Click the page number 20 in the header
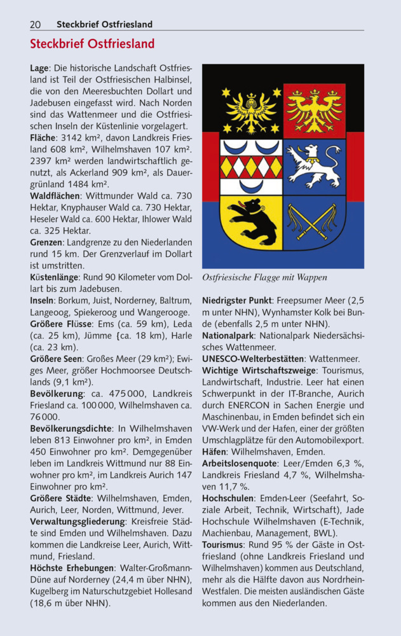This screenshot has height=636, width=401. click(36, 24)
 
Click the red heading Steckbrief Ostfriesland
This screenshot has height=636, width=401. click(92, 45)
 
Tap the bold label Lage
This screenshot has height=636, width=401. click(40, 67)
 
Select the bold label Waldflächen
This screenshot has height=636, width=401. click(55, 196)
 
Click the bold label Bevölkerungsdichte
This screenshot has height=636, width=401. click(71, 429)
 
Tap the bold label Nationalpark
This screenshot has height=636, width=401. click(228, 335)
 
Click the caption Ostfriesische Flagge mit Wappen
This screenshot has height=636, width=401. click(264, 277)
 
